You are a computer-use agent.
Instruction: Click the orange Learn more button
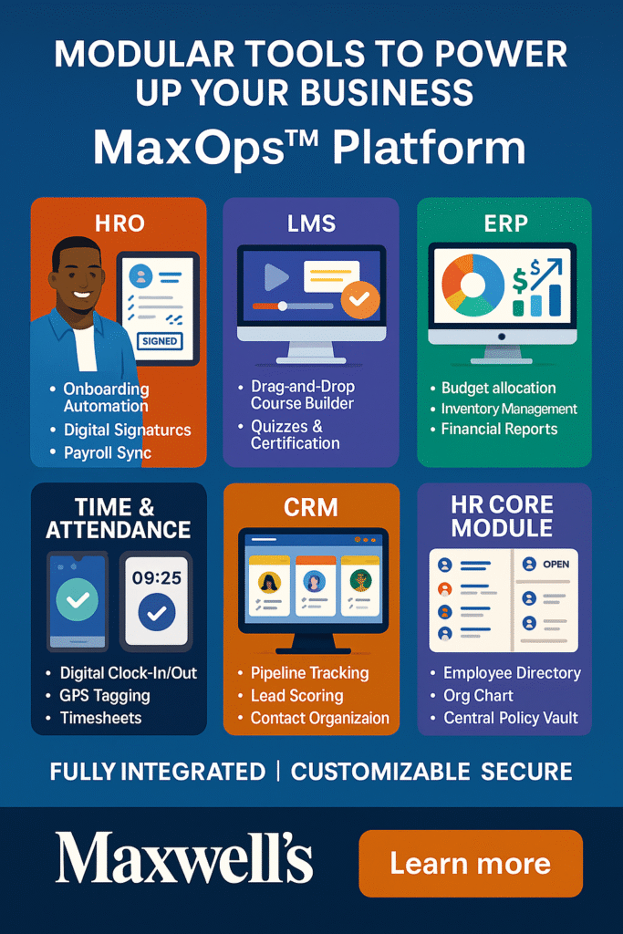[x=471, y=863]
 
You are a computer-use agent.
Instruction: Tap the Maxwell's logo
[x=184, y=857]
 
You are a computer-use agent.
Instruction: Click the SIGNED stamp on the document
[x=160, y=341]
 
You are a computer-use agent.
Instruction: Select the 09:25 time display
[x=157, y=577]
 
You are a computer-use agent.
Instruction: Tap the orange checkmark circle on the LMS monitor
[x=360, y=299]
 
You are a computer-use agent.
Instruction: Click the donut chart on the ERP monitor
[x=472, y=285]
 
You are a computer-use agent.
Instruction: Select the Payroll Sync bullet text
[x=108, y=452]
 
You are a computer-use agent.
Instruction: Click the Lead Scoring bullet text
[x=296, y=695]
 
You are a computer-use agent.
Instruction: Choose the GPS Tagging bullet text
[x=105, y=695]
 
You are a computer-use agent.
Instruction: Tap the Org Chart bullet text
[x=478, y=695]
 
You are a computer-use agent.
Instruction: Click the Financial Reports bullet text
[x=499, y=429]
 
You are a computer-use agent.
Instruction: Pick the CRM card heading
[x=311, y=507]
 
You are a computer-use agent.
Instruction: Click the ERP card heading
[x=505, y=223]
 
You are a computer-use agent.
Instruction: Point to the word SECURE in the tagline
[x=526, y=772]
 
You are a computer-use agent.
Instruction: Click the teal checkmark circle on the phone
[x=78, y=599]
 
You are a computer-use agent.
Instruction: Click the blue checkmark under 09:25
[x=157, y=612]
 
